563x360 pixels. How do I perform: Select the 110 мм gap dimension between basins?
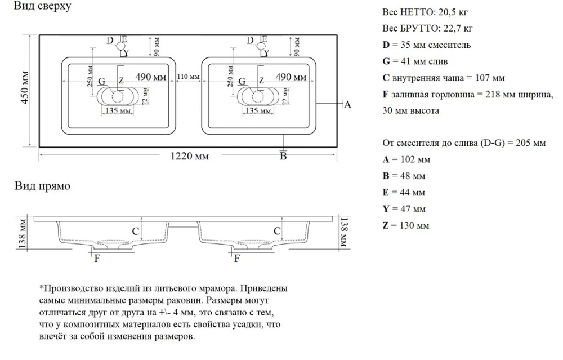[x=188, y=77]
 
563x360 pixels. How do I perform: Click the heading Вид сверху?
[x=43, y=7]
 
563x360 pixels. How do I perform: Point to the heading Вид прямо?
[x=42, y=186]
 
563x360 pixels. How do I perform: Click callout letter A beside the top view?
[x=347, y=104]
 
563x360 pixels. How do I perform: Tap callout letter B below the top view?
[x=284, y=156]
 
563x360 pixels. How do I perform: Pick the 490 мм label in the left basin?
[x=151, y=77]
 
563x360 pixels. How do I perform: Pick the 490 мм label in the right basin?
[x=291, y=77]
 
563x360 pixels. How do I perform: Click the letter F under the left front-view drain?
[x=96, y=259]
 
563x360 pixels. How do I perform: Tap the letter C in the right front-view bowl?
[x=277, y=230]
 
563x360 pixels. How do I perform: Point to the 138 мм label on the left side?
[x=23, y=234]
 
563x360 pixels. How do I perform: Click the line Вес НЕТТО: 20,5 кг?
[x=425, y=12]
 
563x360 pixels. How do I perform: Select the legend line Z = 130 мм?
[x=405, y=225]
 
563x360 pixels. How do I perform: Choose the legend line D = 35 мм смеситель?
[x=426, y=45]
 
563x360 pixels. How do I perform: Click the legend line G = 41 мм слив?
[x=415, y=61]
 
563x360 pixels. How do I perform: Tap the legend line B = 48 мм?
[x=404, y=176]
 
